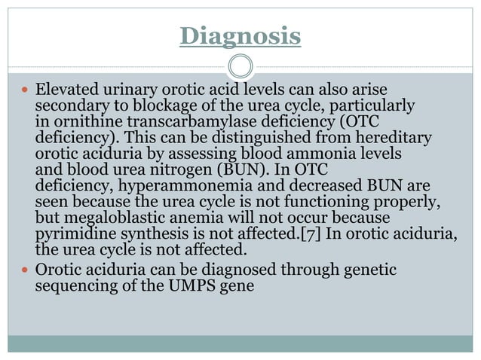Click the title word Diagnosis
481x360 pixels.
point(240,35)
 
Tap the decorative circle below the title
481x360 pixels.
point(240,66)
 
